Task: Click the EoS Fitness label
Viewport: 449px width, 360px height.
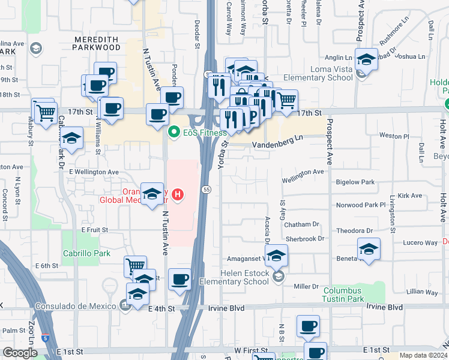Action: point(196,132)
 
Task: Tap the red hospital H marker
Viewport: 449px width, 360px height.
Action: point(177,194)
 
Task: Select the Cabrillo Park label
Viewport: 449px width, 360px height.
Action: point(86,253)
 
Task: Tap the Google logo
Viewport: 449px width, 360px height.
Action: point(20,353)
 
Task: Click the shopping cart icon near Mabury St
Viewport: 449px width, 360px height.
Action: point(46,112)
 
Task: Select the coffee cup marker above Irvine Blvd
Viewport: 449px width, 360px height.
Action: point(180,279)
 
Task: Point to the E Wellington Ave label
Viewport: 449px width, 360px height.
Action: point(94,172)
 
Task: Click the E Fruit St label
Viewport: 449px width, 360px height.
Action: point(95,230)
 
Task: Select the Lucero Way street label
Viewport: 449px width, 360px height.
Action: point(420,242)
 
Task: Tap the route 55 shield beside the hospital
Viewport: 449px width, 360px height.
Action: point(205,190)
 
